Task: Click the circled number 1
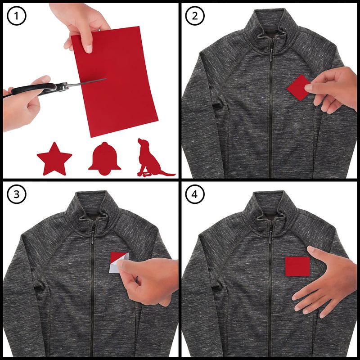[x=17, y=16]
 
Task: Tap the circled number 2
[x=195, y=16]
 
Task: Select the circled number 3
[x=17, y=194]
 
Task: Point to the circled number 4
[x=195, y=194]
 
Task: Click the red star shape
[x=54, y=160]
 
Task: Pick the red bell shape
[x=104, y=159]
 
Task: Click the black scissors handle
[x=35, y=89]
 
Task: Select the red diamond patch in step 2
[x=298, y=87]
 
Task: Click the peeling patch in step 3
[x=118, y=262]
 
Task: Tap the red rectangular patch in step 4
[x=297, y=266]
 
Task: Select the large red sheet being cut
[x=115, y=81]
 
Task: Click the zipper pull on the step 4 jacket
[x=271, y=237]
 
